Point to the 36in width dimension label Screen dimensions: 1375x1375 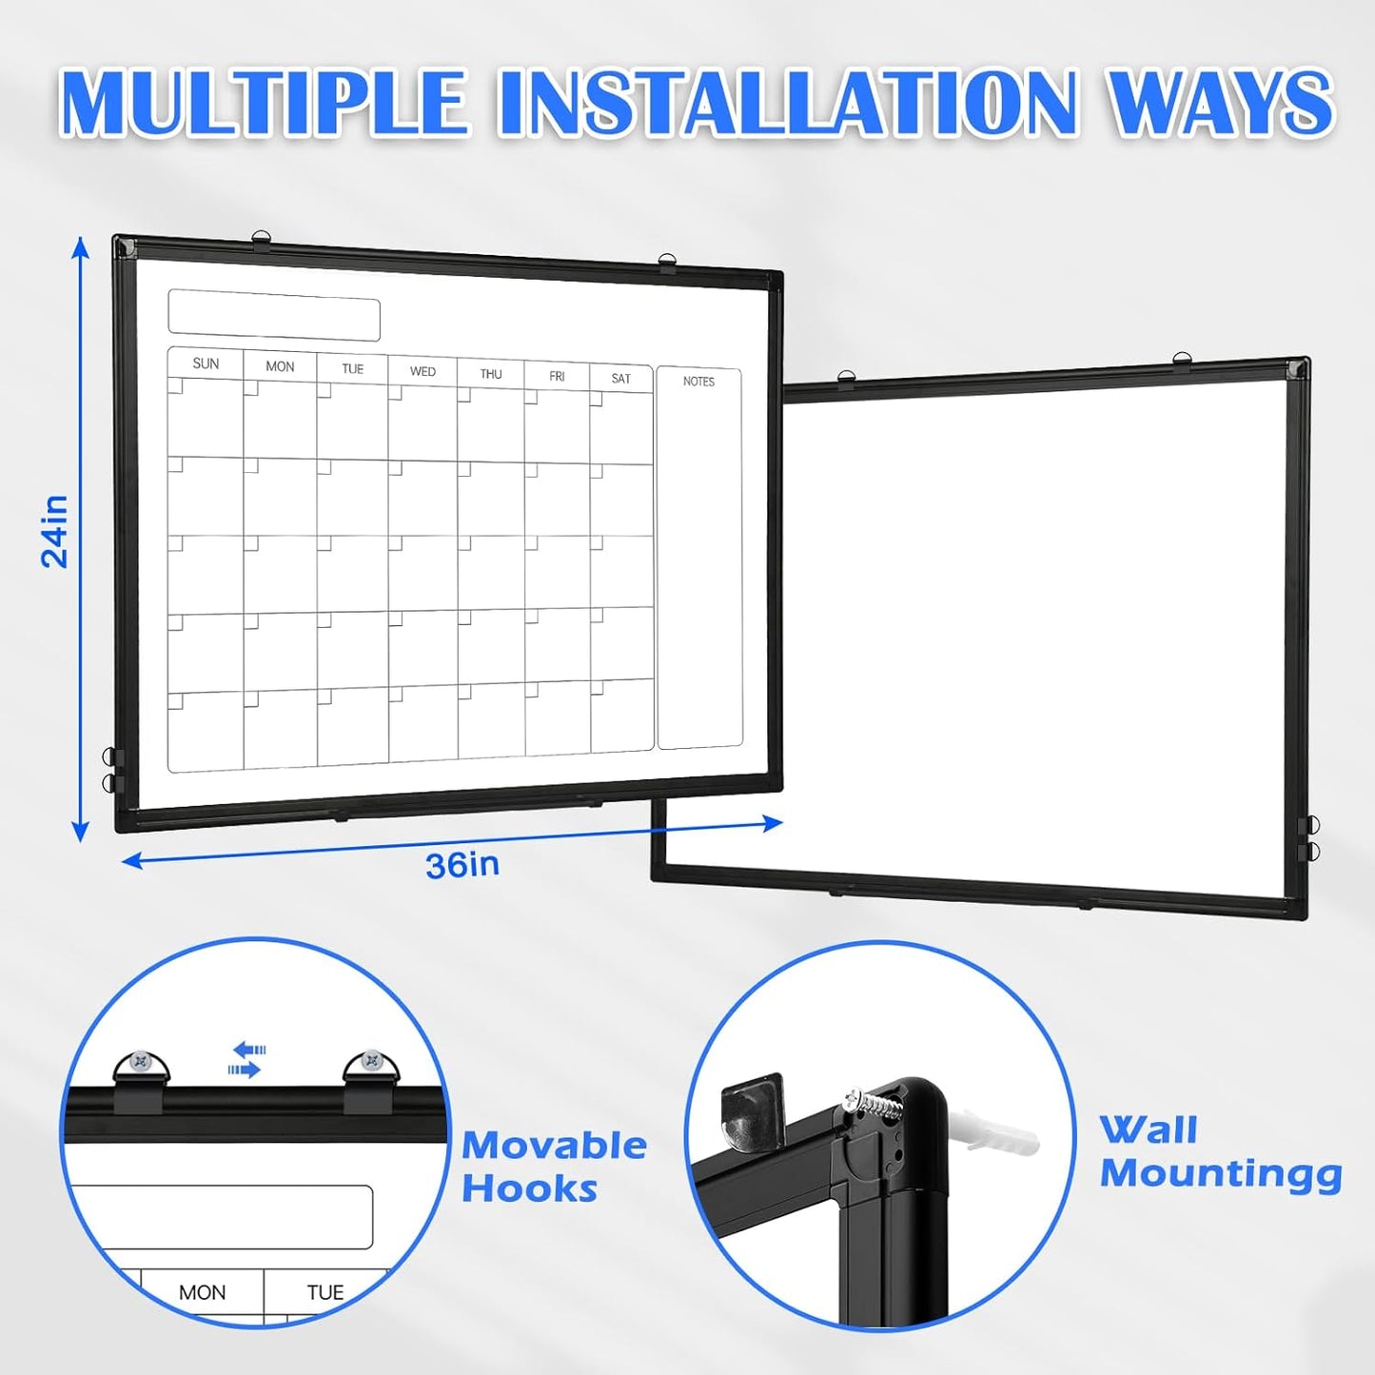click(x=462, y=865)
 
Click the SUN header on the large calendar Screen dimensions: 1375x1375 click(x=206, y=363)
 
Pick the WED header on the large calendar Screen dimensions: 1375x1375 click(x=422, y=371)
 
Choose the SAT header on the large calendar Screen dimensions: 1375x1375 click(x=621, y=379)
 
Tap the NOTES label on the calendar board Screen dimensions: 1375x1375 click(x=698, y=382)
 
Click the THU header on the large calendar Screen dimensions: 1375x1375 click(x=491, y=374)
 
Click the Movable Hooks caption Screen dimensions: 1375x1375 click(x=554, y=1167)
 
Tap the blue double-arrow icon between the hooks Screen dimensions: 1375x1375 click(x=247, y=1060)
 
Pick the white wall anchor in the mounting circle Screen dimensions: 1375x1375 click(x=999, y=1131)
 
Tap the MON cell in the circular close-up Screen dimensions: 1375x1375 click(x=203, y=1292)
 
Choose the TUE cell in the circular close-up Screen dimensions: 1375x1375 click(x=325, y=1292)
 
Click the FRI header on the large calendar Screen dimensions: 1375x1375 click(x=557, y=377)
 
